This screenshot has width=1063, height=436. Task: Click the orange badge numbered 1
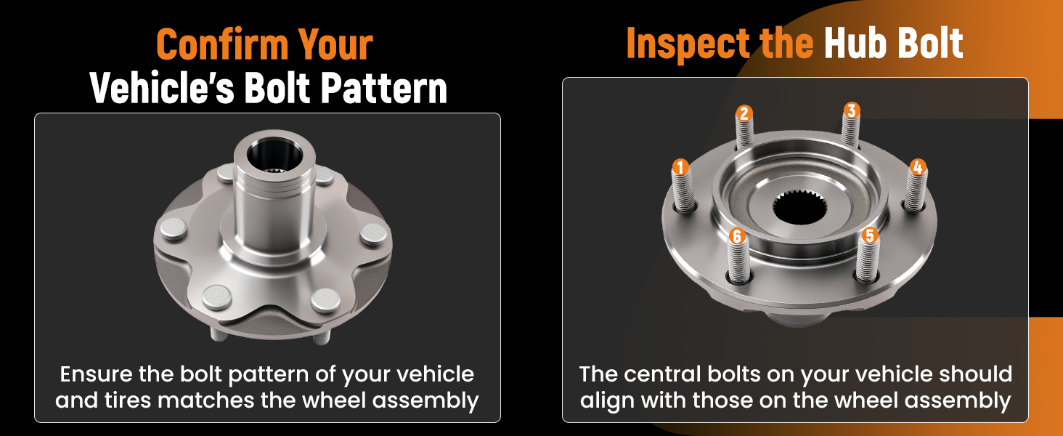(680, 167)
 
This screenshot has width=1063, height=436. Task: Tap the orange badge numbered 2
(744, 113)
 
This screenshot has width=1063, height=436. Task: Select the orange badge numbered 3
(852, 110)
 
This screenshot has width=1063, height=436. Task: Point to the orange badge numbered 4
(918, 167)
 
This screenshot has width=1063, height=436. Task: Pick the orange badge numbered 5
(869, 235)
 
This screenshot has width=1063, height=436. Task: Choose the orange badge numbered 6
(737, 236)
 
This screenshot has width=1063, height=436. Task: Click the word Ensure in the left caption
(97, 374)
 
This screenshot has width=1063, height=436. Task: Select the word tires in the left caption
(131, 400)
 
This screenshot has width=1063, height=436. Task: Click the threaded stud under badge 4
(916, 190)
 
